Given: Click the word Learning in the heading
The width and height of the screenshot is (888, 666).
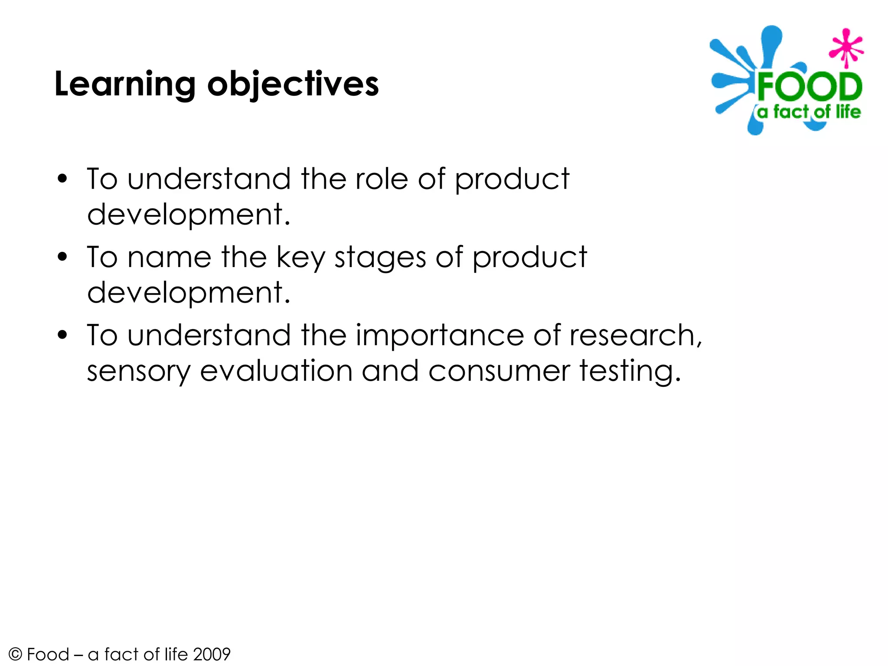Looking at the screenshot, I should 125,85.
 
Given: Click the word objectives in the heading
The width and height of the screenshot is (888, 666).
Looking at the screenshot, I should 293,85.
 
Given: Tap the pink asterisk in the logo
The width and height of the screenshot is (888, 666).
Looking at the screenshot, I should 846,48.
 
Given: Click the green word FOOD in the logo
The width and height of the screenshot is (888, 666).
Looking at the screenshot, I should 810,87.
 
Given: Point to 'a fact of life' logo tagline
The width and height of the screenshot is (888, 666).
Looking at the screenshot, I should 809,112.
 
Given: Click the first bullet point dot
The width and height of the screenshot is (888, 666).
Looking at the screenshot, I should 62,179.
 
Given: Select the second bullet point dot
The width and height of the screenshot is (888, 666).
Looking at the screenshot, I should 62,257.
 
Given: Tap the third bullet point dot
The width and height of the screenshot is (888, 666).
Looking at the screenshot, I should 62,335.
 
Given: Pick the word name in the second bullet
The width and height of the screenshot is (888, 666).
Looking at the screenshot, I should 170,257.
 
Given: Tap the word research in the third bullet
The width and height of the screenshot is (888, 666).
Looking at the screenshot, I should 634,335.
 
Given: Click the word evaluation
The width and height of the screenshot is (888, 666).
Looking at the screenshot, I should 276,371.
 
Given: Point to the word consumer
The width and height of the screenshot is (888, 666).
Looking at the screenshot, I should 499,372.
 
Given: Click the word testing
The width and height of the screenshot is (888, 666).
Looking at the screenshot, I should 630,372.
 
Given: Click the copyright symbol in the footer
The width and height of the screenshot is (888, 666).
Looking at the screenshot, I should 15,654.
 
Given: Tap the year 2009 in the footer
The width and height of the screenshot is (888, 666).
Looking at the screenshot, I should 212,654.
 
